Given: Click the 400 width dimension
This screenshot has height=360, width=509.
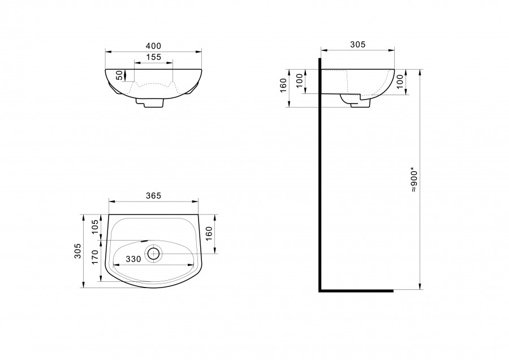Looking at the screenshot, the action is tap(153, 46).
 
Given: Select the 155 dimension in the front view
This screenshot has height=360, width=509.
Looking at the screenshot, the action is tap(153, 57).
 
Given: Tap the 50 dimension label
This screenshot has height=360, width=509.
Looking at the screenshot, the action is tap(120, 75).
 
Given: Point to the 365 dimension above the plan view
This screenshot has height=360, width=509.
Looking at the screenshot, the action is tap(153, 196).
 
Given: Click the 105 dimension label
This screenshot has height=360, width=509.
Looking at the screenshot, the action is tap(95, 227).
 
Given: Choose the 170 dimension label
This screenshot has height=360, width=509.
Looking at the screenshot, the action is tap(95, 257).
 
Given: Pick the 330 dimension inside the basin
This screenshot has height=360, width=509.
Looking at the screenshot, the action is tap(133, 259).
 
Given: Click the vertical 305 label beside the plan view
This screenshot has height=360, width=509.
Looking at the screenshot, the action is tap(78, 251).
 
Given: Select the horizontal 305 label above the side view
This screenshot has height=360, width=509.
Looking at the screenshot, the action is tap(358, 45).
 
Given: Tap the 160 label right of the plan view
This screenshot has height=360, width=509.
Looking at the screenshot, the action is tap(209, 234).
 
